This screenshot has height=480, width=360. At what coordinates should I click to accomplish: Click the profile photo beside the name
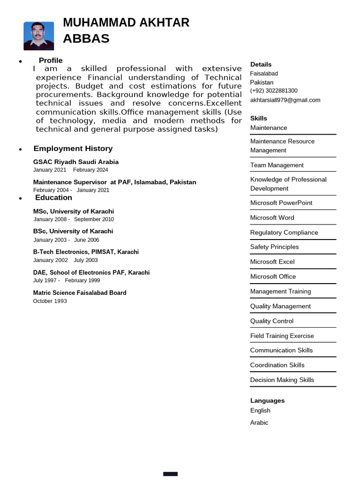(38, 36)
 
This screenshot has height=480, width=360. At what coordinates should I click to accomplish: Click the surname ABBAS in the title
(86, 38)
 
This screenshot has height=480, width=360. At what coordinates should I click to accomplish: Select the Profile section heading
(51, 60)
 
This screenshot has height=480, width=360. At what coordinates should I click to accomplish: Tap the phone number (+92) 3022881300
(274, 90)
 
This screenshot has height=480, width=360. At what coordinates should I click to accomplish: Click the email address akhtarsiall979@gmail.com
(285, 100)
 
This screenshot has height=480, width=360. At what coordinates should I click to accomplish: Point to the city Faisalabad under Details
(264, 74)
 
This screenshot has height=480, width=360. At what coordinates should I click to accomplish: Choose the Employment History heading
(73, 149)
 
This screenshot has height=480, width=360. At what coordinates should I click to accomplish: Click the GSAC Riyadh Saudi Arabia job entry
(76, 162)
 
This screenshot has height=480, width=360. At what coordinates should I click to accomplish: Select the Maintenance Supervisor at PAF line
(115, 182)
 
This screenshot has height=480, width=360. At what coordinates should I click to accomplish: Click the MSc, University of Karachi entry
(74, 211)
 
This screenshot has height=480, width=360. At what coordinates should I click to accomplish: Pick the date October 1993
(50, 301)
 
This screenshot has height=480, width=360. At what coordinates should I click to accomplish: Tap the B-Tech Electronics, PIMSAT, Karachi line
(86, 252)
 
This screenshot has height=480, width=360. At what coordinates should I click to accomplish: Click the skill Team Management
(277, 165)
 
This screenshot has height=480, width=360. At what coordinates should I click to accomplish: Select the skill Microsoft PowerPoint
(281, 202)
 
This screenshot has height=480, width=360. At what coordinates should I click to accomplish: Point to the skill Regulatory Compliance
(284, 232)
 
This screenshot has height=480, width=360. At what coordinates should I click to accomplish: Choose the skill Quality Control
(272, 321)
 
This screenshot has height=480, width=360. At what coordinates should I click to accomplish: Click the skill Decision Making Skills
(282, 380)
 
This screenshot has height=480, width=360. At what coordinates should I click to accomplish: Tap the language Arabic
(259, 422)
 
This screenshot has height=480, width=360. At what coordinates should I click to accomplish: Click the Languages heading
(267, 401)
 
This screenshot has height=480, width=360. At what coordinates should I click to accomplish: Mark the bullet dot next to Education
(21, 199)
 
